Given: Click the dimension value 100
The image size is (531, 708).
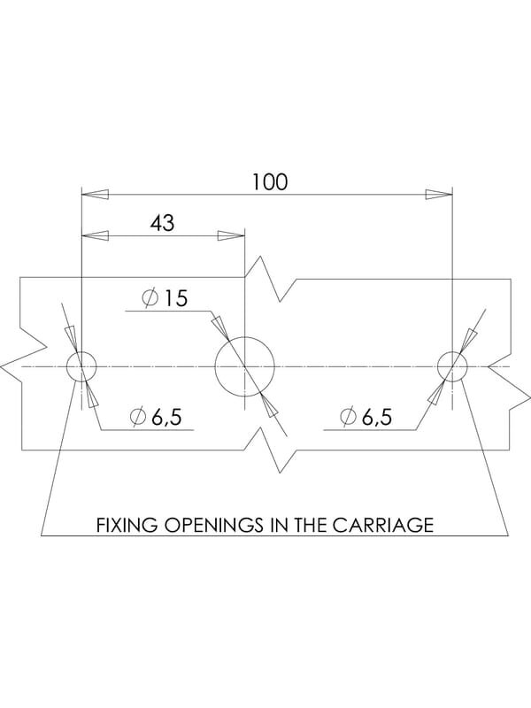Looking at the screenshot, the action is tap(269, 181).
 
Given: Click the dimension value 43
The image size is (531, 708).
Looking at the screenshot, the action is tap(162, 223).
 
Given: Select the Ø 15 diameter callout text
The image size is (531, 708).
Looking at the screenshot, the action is tap(164, 298).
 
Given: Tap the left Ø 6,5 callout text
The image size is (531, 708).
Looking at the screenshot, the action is tap(156, 416).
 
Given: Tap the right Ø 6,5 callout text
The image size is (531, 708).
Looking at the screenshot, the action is tap(366, 416).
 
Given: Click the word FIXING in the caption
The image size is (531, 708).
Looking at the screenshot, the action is tap(127, 525).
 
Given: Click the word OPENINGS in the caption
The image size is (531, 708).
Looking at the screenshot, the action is tap(213, 525).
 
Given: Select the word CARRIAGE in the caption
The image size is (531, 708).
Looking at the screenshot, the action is tap(383, 525).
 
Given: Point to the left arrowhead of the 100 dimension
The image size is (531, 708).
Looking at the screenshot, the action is tap(95, 195).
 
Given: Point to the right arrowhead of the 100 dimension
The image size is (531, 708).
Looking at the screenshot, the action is tap(439, 195).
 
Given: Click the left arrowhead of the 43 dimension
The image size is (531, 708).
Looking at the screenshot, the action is tap(95, 235).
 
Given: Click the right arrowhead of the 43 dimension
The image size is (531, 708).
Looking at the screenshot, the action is tap(231, 235).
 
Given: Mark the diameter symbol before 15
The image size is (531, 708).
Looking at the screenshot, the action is tap(149, 298).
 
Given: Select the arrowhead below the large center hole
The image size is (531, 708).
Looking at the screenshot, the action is tap(269, 405).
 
